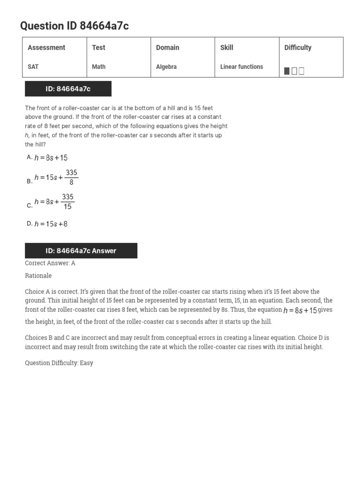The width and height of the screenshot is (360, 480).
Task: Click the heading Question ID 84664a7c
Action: [x=74, y=26]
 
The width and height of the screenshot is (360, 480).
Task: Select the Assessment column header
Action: [x=46, y=47]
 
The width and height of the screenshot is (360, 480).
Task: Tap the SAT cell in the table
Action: [x=33, y=67]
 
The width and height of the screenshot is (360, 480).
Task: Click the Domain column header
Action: [x=167, y=47]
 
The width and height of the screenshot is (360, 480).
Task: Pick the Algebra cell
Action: [x=166, y=67]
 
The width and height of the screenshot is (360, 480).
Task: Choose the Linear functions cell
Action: [x=241, y=67]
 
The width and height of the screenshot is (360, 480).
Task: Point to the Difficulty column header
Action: [x=298, y=47]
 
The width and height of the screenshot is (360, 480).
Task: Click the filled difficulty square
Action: [x=287, y=71]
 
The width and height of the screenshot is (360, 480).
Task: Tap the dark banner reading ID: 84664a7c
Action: [x=68, y=89]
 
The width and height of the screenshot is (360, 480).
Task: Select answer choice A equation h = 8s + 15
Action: [x=51, y=158]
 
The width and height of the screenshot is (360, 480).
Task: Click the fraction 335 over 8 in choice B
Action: [x=71, y=178]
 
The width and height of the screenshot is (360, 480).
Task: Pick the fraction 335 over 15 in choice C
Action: [x=67, y=202]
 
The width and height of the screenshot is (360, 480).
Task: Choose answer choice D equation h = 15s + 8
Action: [x=51, y=224]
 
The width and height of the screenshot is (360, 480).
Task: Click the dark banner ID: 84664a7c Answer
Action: [x=81, y=251]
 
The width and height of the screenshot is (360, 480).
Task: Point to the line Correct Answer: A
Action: [x=50, y=263]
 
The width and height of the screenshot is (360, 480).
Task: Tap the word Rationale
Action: [x=38, y=276]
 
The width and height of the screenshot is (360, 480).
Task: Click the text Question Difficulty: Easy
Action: [x=59, y=363]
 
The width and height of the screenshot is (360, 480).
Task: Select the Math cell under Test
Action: [x=99, y=67]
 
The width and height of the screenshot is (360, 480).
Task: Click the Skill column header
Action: [x=227, y=47]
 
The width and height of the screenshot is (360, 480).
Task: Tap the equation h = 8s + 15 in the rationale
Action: [x=300, y=311]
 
